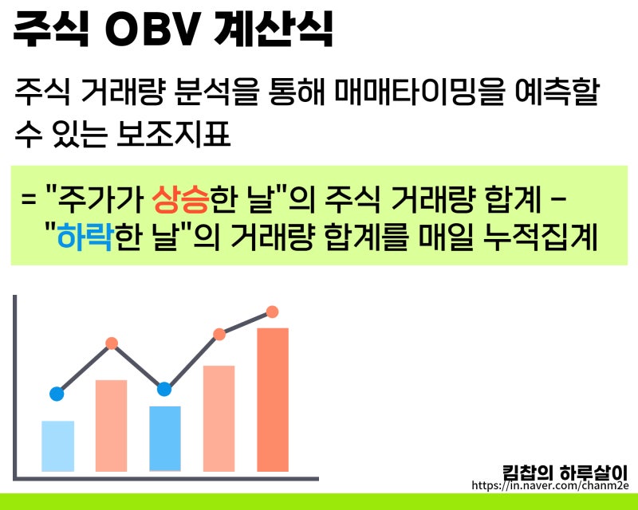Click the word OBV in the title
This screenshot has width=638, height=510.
point(152,30)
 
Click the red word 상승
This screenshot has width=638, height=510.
point(181,201)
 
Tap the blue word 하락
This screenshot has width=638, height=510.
point(85,237)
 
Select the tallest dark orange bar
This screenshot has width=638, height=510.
point(273,400)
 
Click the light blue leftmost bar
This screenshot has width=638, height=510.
point(57,446)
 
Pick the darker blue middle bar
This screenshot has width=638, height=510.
point(165,439)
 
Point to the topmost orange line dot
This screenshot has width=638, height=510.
point(272,312)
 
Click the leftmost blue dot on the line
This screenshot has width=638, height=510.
point(57,394)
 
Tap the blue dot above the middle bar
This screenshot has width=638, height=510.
point(164,389)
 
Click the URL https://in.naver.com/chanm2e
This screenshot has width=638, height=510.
point(550,485)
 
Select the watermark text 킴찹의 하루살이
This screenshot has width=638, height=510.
point(565,473)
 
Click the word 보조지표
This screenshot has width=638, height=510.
point(173,134)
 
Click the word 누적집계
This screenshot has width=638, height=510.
point(541,237)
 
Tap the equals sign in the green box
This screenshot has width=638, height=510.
point(29,201)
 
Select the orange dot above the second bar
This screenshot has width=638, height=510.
point(112,343)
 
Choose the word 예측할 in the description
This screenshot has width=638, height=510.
point(557,92)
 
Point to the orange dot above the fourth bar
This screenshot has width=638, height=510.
point(219,335)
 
